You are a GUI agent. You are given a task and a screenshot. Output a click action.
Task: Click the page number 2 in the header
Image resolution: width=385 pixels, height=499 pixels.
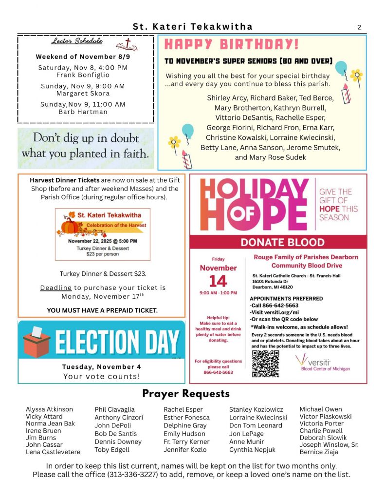point(359,27)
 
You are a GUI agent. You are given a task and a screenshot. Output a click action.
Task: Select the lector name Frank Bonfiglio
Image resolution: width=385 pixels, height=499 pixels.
point(83,75)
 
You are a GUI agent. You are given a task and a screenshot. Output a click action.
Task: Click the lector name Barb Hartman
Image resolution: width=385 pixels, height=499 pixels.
point(83,112)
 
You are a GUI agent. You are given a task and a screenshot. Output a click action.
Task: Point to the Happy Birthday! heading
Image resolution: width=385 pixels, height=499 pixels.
point(232,45)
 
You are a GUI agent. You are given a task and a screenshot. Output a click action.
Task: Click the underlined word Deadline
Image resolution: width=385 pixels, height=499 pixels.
point(55,288)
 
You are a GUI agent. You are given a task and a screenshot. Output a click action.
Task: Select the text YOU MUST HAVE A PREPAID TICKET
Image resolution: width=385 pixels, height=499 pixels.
point(102,310)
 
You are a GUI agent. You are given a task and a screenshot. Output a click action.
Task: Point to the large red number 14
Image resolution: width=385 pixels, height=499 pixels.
point(218,281)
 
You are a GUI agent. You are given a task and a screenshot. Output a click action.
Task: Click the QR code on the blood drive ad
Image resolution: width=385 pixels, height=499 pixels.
point(265,364)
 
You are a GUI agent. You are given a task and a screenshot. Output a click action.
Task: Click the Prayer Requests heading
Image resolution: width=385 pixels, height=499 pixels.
point(185,393)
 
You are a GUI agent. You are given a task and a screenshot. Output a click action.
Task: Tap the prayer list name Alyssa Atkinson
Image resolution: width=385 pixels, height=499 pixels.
point(49,409)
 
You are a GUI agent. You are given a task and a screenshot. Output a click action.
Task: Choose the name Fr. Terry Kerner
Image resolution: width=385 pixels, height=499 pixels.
point(186,441)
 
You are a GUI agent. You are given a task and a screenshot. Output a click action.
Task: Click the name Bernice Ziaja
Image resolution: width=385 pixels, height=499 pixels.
point(318,452)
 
